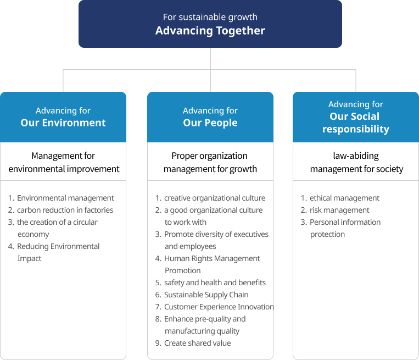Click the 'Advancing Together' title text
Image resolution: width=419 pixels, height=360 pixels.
tap(210, 30)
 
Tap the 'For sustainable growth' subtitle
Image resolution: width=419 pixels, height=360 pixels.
tap(210, 17)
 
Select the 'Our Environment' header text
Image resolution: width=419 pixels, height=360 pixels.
tap(63, 123)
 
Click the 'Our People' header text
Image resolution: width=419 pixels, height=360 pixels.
tap(210, 123)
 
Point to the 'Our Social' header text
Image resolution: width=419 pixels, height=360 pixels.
tap(354, 117)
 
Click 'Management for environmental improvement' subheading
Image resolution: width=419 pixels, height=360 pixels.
tap(64, 162)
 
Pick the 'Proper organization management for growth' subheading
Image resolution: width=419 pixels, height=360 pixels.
tap(210, 162)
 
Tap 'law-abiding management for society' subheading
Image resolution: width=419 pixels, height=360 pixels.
tap(356, 162)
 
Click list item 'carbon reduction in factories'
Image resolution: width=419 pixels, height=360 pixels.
tap(65, 210)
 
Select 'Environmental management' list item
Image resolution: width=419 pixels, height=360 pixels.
tap(65, 198)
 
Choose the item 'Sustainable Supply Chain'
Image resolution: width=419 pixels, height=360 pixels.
tap(206, 295)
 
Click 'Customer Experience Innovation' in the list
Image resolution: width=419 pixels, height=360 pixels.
tap(219, 307)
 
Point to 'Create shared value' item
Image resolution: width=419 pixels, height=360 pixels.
tap(198, 343)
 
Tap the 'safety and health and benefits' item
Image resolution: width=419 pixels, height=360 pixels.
tap(215, 283)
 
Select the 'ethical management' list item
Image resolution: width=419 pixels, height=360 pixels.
tap(344, 198)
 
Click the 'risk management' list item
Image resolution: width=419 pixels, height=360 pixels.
tap(339, 210)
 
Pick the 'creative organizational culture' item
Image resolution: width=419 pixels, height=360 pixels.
tap(215, 198)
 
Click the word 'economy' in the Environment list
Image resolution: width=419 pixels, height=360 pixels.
tap(33, 234)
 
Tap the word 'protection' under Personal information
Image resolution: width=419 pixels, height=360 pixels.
tap(327, 234)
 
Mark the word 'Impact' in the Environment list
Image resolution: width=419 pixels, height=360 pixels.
tap(30, 258)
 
